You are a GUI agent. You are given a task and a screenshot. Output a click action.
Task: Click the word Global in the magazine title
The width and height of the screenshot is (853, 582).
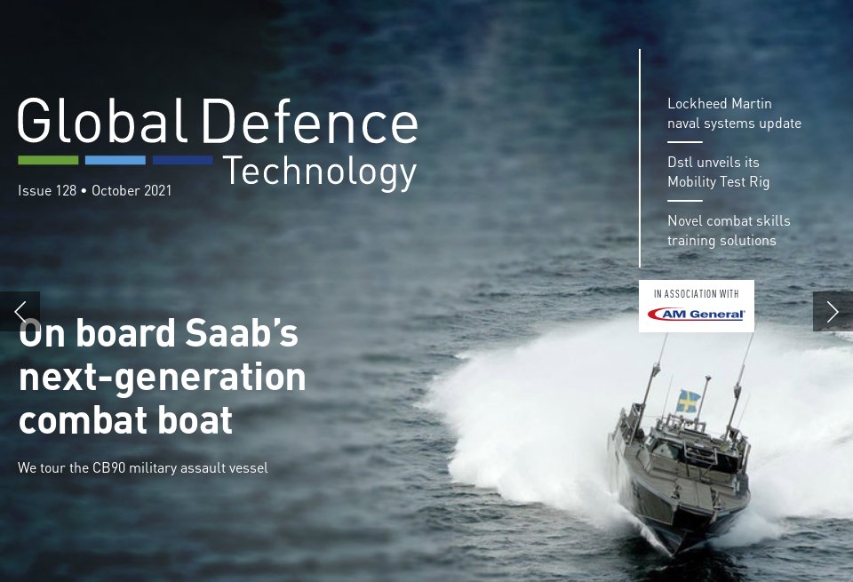point(101,122)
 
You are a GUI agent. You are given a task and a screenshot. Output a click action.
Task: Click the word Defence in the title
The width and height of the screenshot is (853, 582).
point(309,122)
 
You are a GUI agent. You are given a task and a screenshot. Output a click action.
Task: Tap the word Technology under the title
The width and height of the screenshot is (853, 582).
point(319,171)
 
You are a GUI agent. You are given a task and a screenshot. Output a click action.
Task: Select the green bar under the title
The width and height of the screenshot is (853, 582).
point(48,161)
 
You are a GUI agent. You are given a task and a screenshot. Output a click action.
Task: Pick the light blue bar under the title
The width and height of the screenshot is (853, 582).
point(116,161)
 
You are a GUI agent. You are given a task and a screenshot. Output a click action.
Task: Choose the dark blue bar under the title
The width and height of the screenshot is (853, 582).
point(182,161)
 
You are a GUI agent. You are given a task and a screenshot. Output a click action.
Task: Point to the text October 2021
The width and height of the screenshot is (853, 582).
point(132,191)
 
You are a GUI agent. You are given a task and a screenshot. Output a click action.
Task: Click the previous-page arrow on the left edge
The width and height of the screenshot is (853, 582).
point(20,311)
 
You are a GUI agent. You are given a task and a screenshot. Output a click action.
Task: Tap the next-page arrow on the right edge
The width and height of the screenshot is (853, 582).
point(833,311)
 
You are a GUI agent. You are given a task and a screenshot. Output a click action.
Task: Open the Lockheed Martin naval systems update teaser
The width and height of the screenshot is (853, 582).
point(734,114)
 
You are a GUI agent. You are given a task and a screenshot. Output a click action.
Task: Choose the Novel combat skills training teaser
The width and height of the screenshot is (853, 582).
point(729,231)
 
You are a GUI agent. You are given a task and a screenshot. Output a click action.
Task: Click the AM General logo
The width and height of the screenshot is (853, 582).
point(696,314)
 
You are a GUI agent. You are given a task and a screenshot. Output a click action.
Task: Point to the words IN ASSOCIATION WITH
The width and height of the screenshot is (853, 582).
point(696,293)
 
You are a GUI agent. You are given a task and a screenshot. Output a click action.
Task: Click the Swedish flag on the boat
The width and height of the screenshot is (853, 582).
point(687,401)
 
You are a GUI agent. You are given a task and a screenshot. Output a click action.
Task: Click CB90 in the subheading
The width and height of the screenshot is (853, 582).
point(109,468)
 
